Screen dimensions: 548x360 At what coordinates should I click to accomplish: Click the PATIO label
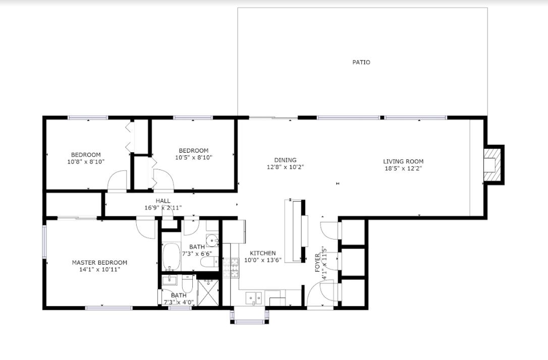(x=361, y=62)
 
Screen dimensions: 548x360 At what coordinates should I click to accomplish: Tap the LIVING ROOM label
(x=403, y=161)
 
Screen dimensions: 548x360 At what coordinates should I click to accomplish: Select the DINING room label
(x=285, y=160)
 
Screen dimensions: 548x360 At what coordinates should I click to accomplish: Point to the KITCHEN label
(x=263, y=253)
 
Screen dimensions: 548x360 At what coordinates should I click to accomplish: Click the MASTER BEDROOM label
(x=99, y=263)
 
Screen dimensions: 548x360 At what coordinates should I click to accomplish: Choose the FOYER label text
(x=317, y=263)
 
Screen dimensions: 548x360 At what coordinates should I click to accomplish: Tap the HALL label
(x=163, y=201)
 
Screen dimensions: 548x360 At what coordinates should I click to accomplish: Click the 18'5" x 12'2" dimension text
(x=403, y=168)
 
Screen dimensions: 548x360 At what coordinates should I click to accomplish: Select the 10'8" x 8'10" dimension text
(x=86, y=162)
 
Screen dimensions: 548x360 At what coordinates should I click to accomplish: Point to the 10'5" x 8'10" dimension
(x=194, y=157)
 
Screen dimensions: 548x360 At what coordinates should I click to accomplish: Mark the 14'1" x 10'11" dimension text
(x=99, y=270)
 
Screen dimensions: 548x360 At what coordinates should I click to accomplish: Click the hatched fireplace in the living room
(x=493, y=165)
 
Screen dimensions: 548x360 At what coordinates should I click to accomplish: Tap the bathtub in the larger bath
(x=171, y=257)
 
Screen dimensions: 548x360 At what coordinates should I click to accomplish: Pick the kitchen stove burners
(x=231, y=267)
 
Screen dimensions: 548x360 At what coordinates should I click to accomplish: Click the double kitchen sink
(x=254, y=298)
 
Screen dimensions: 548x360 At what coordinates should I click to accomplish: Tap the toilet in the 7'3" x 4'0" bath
(x=187, y=284)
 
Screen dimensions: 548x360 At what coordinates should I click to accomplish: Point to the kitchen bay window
(x=249, y=316)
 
